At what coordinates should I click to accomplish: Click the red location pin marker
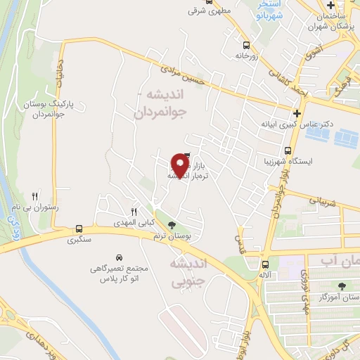coord(181,165)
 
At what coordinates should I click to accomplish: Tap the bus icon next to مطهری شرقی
coord(192,11)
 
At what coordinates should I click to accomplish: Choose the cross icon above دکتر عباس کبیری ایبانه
coord(297,112)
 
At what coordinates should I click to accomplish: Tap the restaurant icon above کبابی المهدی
coord(134,212)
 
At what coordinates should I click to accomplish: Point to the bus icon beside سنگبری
coord(79,229)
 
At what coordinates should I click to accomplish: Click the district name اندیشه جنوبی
coord(186,274)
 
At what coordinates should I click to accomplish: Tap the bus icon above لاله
coord(265,266)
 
